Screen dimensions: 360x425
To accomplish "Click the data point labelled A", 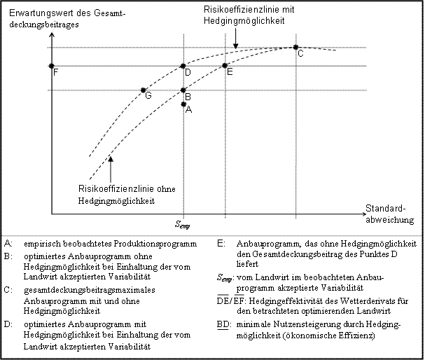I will coord(183,104).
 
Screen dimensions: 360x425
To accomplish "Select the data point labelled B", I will coord(183,90).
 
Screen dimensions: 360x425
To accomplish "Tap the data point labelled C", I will coord(295,47).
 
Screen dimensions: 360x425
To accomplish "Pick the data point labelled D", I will coord(183,66).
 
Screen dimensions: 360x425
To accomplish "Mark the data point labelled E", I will coord(225,66).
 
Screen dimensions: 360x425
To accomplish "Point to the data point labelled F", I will coord(51,66).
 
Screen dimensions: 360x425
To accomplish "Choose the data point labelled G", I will coord(144,90).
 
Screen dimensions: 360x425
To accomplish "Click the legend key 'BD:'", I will coord(223,325).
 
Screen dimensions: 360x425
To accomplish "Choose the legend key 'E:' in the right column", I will coord(221,243).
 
